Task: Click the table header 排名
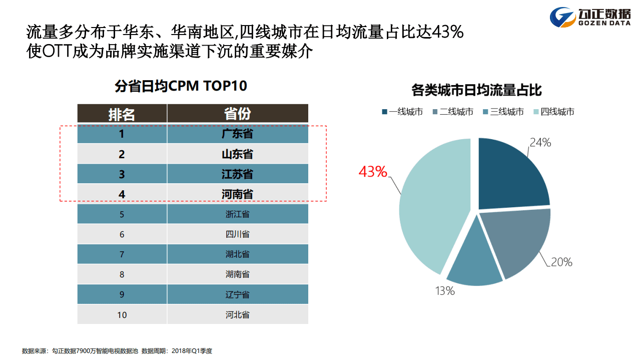coord(122,114)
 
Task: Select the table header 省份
coord(237,114)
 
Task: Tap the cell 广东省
coord(237,134)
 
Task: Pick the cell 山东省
coord(237,154)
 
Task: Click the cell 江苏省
coord(237,174)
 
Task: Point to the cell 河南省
coord(237,194)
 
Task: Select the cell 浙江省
coord(237,214)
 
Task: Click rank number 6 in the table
coord(122,234)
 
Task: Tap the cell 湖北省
coord(237,254)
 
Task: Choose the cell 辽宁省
coord(237,294)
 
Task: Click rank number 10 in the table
coord(122,315)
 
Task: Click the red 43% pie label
coord(373,172)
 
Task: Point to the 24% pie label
coord(540,143)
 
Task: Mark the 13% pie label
coord(444,290)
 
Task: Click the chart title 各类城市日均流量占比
coord(476,91)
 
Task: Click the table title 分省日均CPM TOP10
coord(181,86)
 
